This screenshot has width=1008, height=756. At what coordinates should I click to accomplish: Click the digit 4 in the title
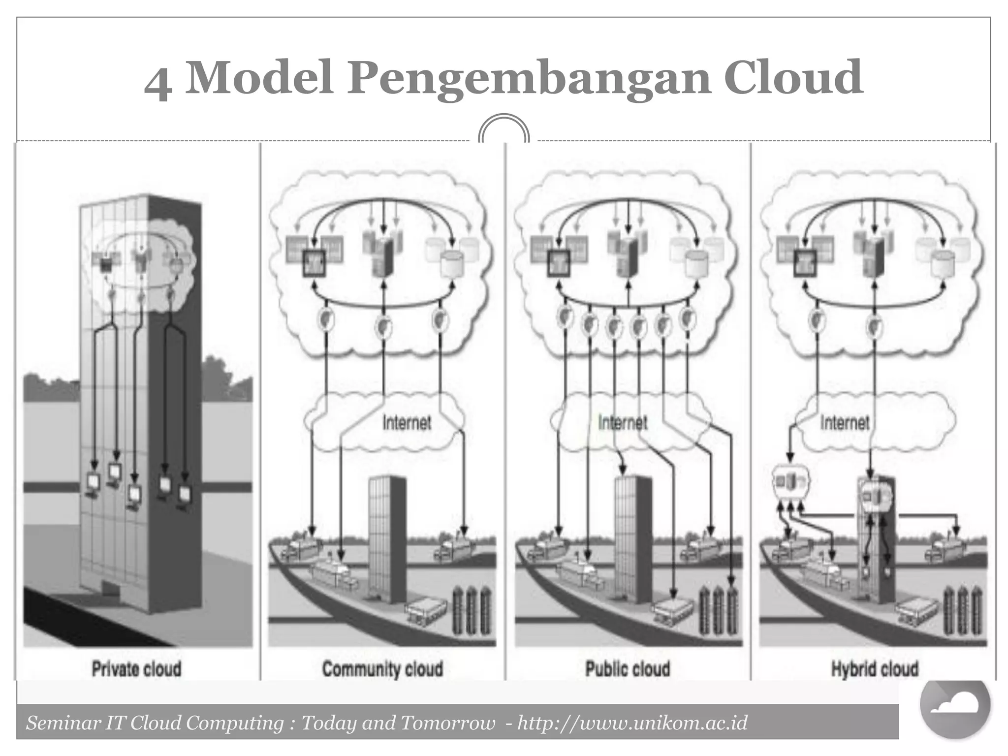(158, 84)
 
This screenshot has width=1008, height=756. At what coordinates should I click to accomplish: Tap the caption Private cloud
(136, 669)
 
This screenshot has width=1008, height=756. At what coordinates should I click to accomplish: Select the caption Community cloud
(382, 669)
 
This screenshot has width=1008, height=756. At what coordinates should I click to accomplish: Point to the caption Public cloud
(628, 669)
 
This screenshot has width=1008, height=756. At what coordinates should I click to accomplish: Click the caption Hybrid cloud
(875, 669)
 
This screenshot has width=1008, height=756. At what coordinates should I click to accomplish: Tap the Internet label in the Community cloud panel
(407, 422)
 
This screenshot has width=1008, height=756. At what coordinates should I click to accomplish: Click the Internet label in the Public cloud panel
(623, 422)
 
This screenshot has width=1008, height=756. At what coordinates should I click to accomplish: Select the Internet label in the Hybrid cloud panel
(845, 422)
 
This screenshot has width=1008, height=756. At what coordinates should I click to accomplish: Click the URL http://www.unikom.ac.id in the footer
(632, 723)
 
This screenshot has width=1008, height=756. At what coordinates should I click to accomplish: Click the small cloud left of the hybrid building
(790, 481)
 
